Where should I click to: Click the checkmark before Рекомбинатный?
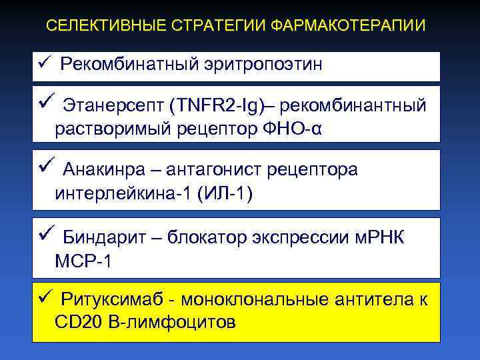[44, 63]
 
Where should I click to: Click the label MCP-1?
[85, 261]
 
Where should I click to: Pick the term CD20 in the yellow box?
[79, 323]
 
